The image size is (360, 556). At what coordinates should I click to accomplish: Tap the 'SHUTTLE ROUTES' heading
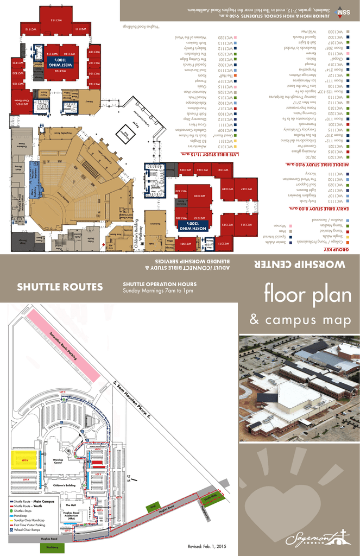click(x=60, y=287)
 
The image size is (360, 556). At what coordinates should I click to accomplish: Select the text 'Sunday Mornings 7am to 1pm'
click(x=158, y=290)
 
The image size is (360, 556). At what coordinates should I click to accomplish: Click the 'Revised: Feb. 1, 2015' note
click(x=206, y=546)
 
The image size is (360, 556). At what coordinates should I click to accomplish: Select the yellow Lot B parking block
click(x=25, y=459)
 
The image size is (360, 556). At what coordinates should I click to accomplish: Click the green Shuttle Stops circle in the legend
click(x=11, y=511)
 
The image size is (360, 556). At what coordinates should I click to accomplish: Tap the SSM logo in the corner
click(x=343, y=12)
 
